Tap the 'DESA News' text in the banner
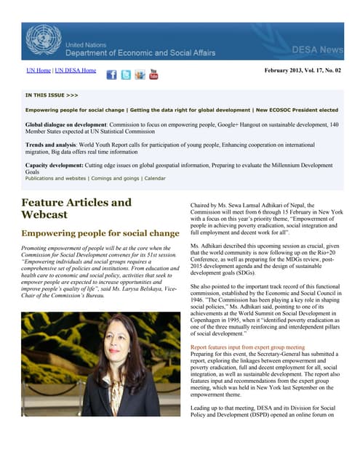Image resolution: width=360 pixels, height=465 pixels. click(317, 49)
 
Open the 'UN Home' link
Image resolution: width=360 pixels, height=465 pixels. click(39, 70)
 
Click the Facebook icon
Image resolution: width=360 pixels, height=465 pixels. click(112, 75)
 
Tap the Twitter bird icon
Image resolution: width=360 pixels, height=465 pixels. click(126, 75)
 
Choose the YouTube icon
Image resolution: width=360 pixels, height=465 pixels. click(153, 74)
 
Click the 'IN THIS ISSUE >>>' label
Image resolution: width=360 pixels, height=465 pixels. click(52, 94)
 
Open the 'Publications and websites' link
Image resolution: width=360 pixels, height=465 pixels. click(55, 178)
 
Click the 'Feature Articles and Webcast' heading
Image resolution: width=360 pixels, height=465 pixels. click(76, 209)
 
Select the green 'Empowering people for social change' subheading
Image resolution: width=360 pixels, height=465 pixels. click(100, 233)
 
